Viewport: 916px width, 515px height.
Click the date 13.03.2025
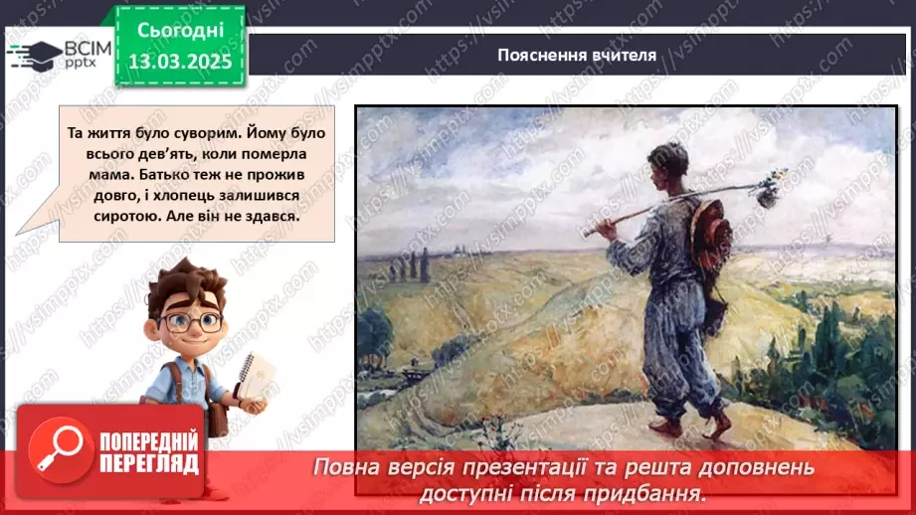click(180, 62)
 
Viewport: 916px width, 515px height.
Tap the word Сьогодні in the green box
click(180, 32)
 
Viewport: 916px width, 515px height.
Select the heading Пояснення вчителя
click(577, 55)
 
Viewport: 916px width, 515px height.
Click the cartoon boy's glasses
click(192, 322)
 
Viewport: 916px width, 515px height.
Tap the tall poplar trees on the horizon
click(419, 264)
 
